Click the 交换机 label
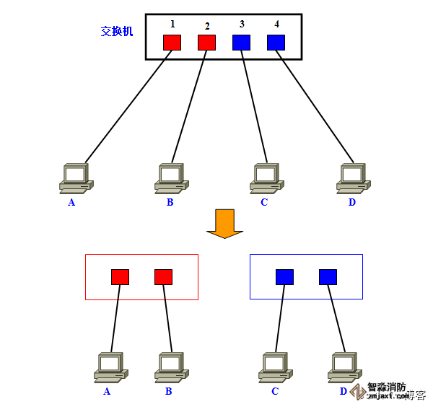(117, 32)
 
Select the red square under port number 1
(172, 42)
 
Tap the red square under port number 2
(206, 42)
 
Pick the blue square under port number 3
(241, 42)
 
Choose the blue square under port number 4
(276, 42)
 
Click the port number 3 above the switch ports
(242, 24)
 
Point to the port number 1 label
(172, 24)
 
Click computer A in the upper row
(76, 178)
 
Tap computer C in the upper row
(266, 178)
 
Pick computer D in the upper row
(354, 178)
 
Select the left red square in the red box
(120, 276)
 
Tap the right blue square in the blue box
(328, 276)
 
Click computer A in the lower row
(110, 367)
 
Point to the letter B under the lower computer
(168, 392)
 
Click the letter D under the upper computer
(352, 202)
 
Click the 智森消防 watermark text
(387, 387)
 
